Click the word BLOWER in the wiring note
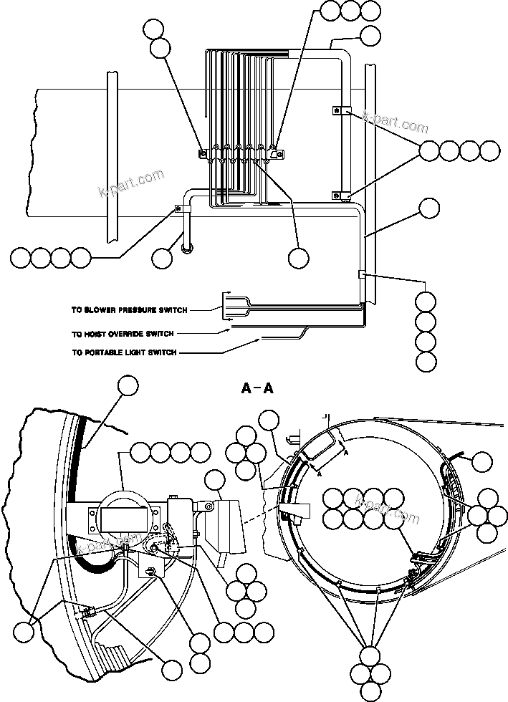click(102, 310)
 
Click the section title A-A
click(256, 389)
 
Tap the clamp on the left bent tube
click(180, 209)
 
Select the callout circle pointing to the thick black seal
click(129, 385)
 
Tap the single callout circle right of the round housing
click(482, 462)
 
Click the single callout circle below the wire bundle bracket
click(298, 258)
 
